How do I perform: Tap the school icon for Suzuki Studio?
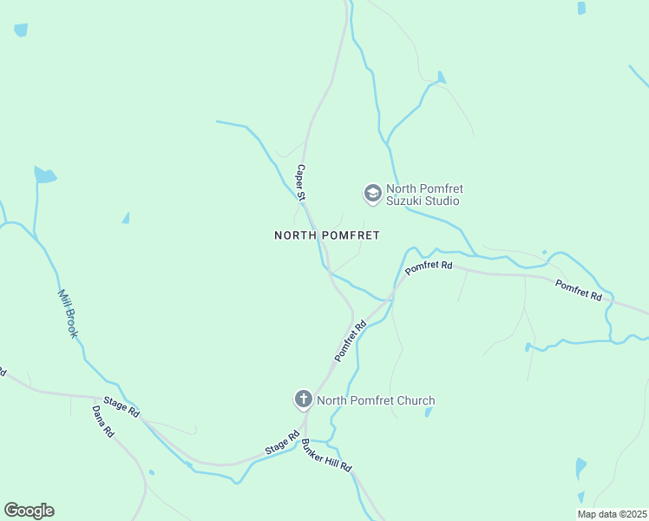point(372,193)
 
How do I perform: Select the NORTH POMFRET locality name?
point(327,235)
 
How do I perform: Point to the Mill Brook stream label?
point(68,313)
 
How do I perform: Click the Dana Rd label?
point(103,419)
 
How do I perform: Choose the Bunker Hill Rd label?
point(327,456)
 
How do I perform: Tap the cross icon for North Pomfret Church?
point(303,399)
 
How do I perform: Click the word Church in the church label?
point(413,400)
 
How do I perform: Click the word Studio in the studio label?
point(442,201)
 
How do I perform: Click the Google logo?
point(29,511)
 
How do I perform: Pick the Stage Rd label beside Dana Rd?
point(121,406)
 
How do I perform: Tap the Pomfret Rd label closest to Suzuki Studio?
point(429,267)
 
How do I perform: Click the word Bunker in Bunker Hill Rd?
point(313,447)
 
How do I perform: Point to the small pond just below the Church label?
point(429,412)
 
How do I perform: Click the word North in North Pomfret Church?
point(333,400)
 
